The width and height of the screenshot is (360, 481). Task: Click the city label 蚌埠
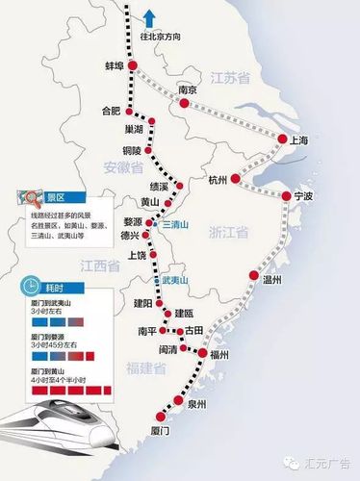[x=114, y=66]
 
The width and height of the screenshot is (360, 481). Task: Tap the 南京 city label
[x=189, y=90]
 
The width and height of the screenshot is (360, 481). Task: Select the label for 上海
[x=298, y=140]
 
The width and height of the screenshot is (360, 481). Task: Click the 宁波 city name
[x=304, y=196]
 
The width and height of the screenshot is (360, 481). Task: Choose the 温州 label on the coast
[x=271, y=280]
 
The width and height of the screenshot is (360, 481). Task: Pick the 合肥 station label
[x=112, y=112]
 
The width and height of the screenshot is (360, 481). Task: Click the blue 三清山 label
[x=176, y=223]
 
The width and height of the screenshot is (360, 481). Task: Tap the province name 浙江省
[x=229, y=233]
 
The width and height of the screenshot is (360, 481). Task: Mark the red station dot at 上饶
[x=150, y=262]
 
